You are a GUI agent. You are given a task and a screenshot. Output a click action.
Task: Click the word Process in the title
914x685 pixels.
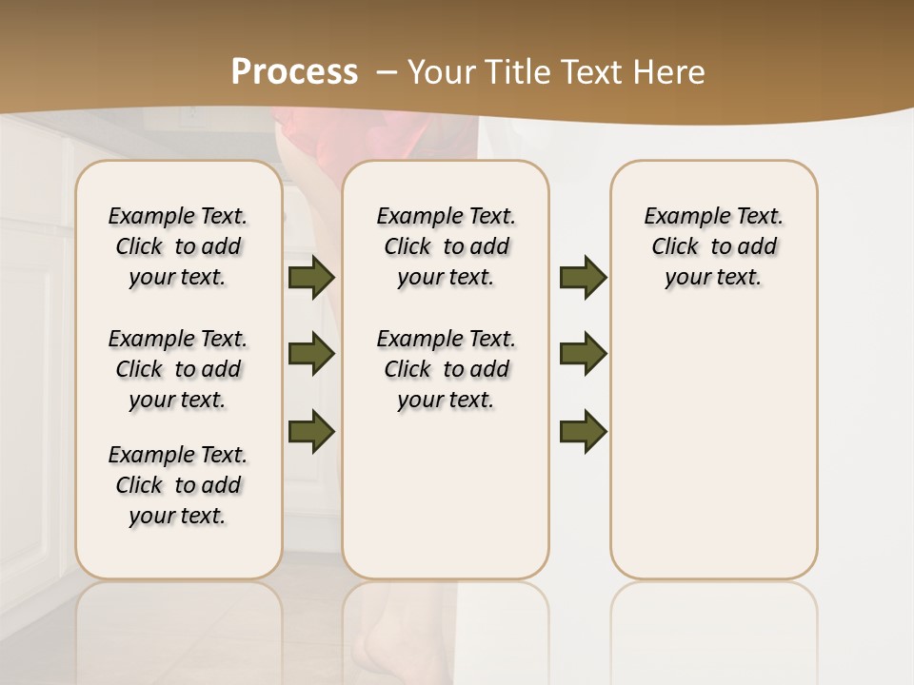click(294, 72)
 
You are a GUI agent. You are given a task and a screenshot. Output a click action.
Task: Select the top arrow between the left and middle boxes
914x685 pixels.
click(311, 278)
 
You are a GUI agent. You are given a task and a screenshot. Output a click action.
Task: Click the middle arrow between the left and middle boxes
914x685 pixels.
click(311, 355)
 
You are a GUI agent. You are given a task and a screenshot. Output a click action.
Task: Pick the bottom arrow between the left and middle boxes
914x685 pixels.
click(311, 431)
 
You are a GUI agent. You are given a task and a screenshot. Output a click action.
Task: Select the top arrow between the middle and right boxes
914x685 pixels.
click(583, 278)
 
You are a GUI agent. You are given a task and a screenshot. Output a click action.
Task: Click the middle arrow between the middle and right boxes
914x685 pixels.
click(583, 355)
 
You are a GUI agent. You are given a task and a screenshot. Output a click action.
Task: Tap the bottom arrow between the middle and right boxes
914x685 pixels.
click(583, 431)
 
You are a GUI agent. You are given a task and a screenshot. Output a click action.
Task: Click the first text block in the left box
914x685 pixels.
click(178, 246)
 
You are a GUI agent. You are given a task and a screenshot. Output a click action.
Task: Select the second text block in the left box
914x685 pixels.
click(178, 369)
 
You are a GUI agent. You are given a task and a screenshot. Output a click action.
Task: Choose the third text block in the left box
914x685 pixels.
click(178, 485)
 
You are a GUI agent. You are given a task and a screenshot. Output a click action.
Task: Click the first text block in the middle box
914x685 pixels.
click(446, 246)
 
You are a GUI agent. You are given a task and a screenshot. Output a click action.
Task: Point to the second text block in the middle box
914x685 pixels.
click(446, 369)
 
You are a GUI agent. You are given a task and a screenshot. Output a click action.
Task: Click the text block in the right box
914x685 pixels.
click(713, 246)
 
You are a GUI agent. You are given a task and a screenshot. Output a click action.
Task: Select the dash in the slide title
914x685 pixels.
click(387, 72)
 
